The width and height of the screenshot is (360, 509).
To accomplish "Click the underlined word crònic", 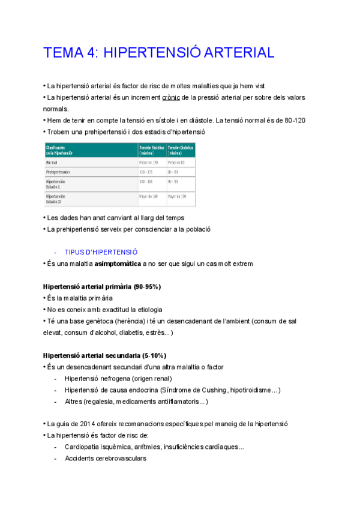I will pyautogui.click(x=172, y=97).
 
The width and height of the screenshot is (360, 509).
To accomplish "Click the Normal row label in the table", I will pyautogui.click(x=53, y=162).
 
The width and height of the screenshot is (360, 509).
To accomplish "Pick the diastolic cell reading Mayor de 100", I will pyautogui.click(x=178, y=196).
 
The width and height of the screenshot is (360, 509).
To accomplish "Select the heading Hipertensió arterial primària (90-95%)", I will pyautogui.click(x=101, y=287).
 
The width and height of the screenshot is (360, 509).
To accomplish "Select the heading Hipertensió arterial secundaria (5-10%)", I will pyautogui.click(x=104, y=355).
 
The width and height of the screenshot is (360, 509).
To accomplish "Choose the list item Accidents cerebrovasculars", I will pyautogui.click(x=105, y=459).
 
